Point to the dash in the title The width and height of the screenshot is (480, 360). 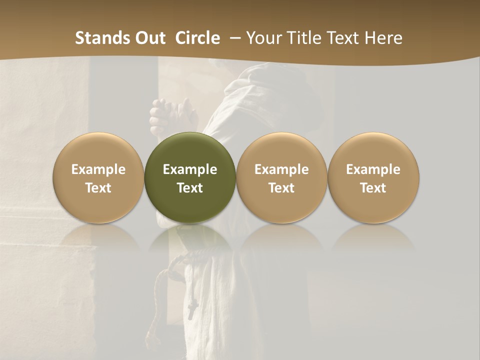(233, 38)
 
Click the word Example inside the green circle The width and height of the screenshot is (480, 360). (190, 169)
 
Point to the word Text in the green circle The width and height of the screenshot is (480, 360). (190, 188)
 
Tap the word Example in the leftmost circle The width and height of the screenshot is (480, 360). (98, 169)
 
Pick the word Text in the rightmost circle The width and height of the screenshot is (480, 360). (373, 188)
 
